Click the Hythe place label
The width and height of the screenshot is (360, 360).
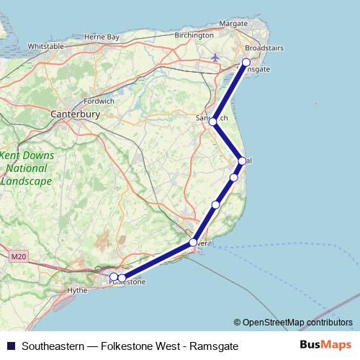76,290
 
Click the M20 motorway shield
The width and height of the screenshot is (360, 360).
18,256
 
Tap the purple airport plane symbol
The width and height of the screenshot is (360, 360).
215,56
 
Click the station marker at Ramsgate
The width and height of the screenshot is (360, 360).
246,62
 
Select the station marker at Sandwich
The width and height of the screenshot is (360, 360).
213,122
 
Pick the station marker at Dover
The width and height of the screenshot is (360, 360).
193,242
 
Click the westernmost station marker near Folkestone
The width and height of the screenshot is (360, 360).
114,276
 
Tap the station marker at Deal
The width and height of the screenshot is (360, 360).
243,161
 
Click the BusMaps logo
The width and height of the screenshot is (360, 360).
326,345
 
